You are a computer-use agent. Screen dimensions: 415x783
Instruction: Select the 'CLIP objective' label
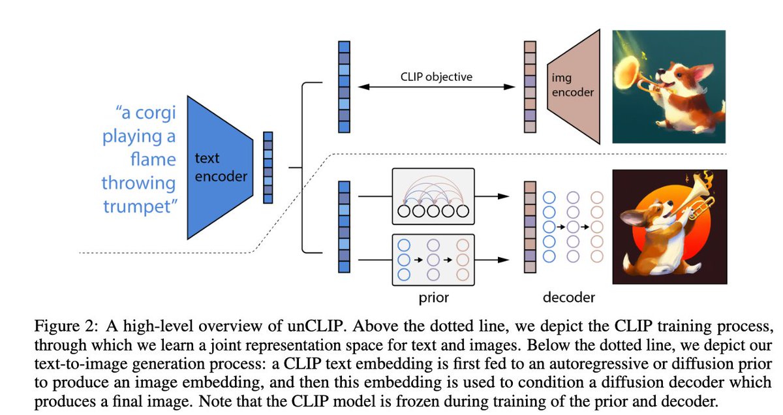pos(436,76)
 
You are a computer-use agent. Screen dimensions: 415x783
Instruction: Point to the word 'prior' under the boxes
pos(433,298)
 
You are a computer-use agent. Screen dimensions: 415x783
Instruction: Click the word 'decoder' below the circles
pos(568,298)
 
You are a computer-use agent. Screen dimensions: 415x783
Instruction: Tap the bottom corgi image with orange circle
pos(668,226)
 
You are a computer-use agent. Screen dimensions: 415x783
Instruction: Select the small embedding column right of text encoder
pos(267,168)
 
